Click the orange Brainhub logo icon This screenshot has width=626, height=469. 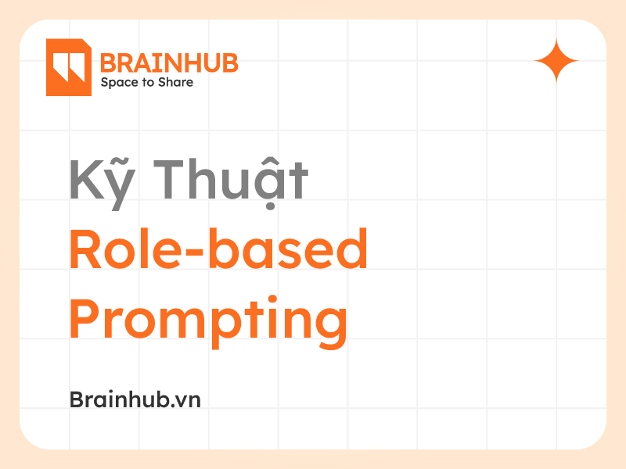click(69, 67)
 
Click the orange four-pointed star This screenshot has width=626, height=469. click(556, 60)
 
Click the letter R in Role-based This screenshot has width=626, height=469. click(84, 249)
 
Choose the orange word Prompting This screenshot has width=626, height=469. click(208, 321)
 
